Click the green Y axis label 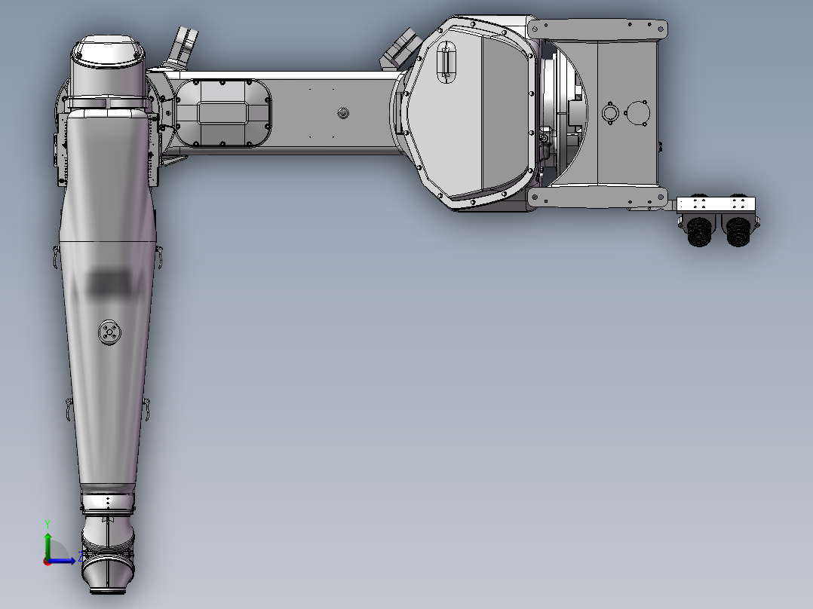coord(47,522)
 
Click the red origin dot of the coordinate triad coord(47,561)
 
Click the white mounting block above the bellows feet coord(716,204)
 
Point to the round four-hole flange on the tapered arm coord(109,332)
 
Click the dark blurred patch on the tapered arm coord(109,283)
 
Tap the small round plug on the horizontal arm coord(344,113)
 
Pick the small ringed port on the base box coord(610,114)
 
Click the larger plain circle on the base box coord(638,114)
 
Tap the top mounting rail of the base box coord(599,29)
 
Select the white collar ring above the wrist coord(108,501)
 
